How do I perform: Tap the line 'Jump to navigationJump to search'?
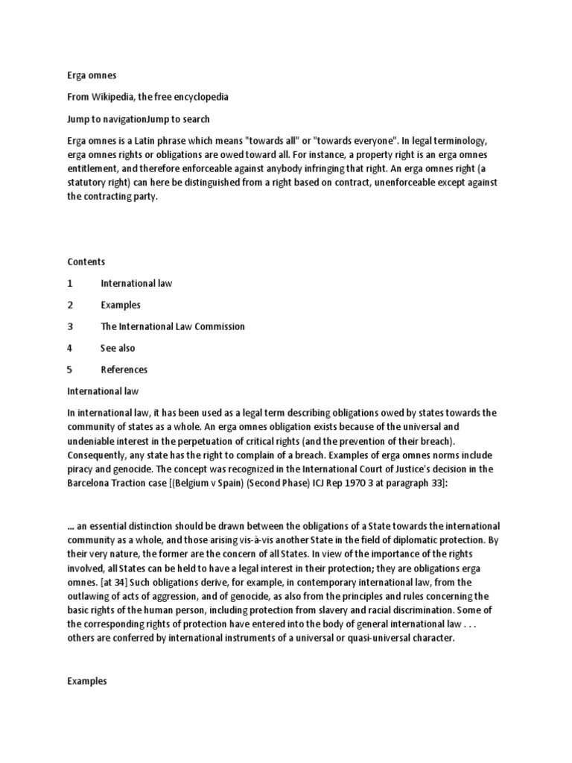click(139, 119)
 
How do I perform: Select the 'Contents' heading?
click(86, 262)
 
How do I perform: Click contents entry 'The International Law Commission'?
click(173, 326)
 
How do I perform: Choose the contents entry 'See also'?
click(118, 348)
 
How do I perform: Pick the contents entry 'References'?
click(124, 370)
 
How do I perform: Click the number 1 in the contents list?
click(70, 283)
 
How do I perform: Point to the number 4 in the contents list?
click(70, 348)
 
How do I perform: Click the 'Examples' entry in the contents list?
click(121, 305)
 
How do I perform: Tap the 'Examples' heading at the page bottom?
click(87, 681)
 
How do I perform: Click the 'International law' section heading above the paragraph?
click(103, 390)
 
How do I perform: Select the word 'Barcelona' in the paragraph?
click(89, 484)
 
